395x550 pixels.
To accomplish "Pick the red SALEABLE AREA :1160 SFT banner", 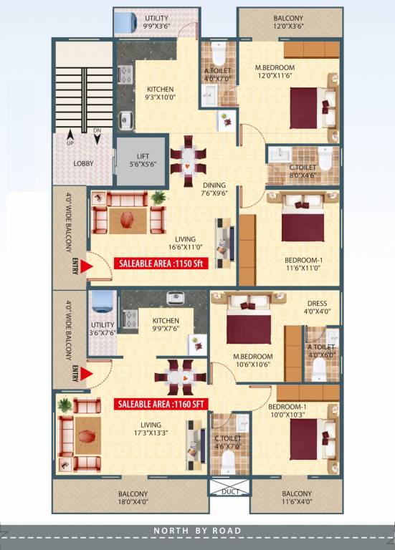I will [x=161, y=404].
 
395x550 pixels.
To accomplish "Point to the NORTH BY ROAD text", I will [x=197, y=531].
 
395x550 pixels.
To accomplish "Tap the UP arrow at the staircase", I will [x=70, y=135].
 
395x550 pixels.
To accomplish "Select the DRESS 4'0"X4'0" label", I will [x=317, y=307].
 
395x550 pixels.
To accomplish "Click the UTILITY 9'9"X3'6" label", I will [x=157, y=21].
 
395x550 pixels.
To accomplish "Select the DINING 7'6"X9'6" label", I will [x=214, y=188].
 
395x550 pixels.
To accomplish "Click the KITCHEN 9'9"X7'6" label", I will [x=166, y=325].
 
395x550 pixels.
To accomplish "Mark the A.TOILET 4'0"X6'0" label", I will [x=320, y=352].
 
